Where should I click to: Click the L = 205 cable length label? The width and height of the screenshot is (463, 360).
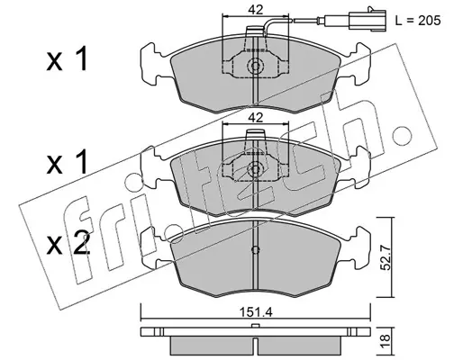[418, 21]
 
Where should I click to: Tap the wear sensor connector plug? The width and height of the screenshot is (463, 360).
[368, 21]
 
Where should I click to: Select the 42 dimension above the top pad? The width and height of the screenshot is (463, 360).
[255, 9]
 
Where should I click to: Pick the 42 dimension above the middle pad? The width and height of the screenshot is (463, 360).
[255, 117]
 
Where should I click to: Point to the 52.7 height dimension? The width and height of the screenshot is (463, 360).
[386, 257]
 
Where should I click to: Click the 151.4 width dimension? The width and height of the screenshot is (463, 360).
[256, 312]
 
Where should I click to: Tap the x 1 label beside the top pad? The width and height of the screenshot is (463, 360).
[67, 58]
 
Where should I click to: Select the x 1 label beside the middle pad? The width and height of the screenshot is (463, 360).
[67, 162]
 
